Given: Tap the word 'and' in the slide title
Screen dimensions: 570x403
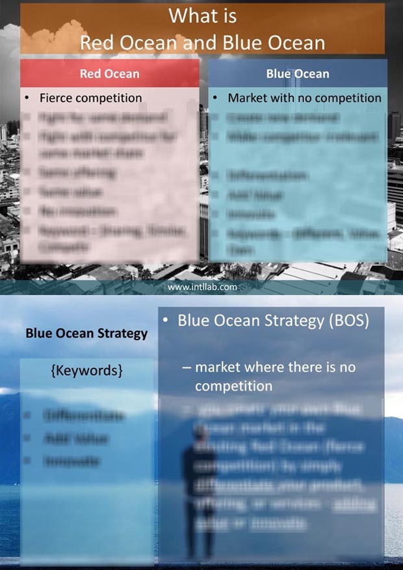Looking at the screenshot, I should point(203,43).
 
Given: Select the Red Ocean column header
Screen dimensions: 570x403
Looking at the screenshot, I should point(109,73).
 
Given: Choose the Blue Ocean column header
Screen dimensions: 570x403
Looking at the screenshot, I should point(298,73).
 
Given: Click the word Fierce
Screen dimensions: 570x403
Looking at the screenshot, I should point(56,98).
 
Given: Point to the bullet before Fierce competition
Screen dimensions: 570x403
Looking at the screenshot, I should point(27,98).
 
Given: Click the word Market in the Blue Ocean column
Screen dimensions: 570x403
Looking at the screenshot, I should point(247,98).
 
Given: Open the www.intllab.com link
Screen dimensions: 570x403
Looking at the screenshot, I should point(201,286).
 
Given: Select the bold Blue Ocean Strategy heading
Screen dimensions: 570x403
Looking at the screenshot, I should point(86,333).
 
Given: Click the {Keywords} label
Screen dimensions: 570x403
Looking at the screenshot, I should point(86,370).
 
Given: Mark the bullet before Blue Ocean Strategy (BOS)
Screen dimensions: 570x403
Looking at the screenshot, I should point(166,320).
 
